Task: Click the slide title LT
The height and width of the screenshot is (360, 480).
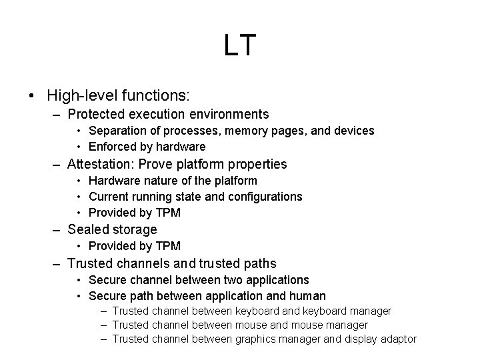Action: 239,46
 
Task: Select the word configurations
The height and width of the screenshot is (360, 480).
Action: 262,197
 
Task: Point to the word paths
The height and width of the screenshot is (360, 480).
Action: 259,263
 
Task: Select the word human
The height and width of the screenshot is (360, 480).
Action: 309,295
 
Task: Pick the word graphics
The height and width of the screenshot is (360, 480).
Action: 257,339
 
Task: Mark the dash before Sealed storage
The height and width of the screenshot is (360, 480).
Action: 57,230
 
